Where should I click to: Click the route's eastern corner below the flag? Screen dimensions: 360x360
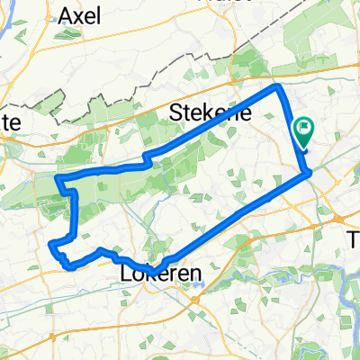point(309,171)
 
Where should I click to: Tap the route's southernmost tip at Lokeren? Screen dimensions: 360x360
point(154,273)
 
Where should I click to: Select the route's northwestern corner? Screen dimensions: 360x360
point(58,179)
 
